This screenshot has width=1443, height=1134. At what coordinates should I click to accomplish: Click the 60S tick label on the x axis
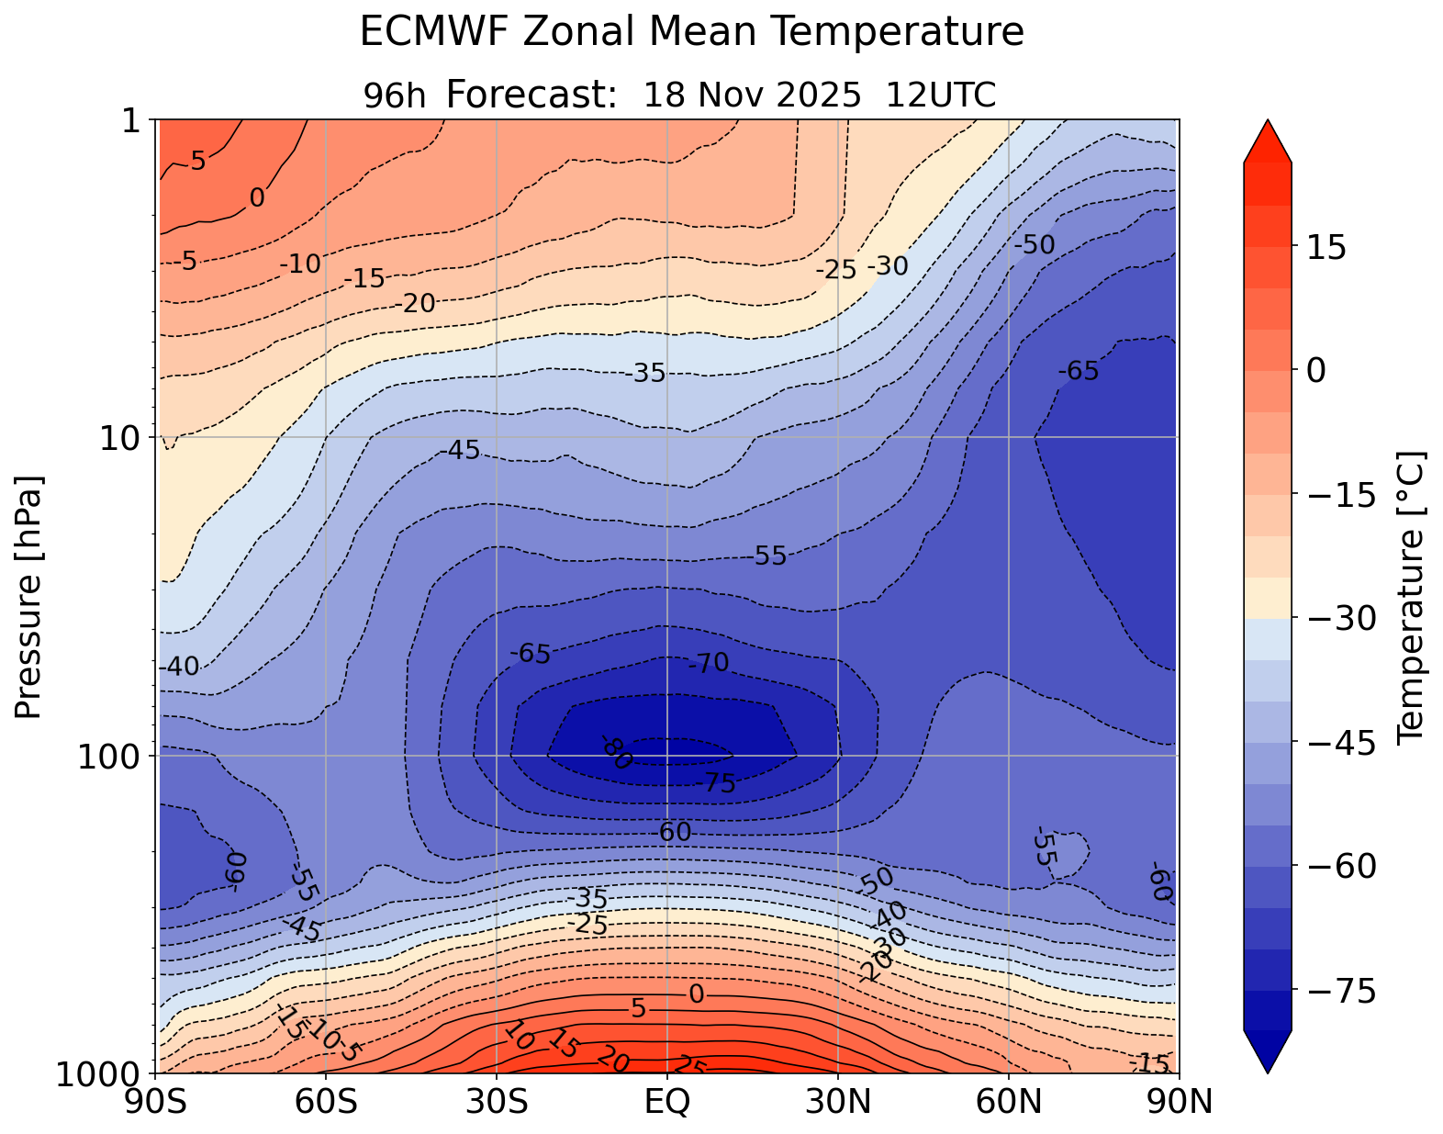[x=326, y=1102]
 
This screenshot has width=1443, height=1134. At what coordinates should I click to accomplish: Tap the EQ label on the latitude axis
[x=667, y=1102]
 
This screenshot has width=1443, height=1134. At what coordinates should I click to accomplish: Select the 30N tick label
[x=838, y=1102]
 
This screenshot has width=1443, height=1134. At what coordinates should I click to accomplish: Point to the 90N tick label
[x=1179, y=1102]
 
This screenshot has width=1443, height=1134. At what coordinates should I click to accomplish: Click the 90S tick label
[x=158, y=1102]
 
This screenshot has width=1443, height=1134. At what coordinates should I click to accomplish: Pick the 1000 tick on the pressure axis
[x=99, y=1073]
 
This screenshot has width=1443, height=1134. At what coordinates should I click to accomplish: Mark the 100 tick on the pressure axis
[x=113, y=756]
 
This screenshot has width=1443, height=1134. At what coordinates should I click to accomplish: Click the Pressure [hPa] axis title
[x=29, y=597]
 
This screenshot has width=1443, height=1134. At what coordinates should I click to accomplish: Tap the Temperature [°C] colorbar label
[x=1410, y=597]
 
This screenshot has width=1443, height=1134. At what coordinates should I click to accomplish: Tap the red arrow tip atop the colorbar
[x=1268, y=138]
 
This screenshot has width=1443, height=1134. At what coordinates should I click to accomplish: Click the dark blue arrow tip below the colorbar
[x=1268, y=1054]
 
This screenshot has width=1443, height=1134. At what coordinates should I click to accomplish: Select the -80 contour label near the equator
[x=617, y=753]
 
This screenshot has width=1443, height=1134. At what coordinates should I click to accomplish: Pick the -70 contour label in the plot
[x=709, y=663]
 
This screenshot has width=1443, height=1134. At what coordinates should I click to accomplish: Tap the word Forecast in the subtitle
[x=524, y=95]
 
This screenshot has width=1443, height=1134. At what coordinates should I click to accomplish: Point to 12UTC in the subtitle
[x=941, y=95]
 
